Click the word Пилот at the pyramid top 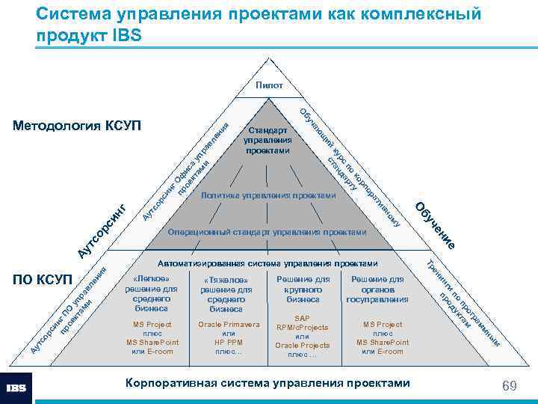269,85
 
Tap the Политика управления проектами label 269,195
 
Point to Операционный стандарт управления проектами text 268,232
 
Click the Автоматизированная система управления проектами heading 268,263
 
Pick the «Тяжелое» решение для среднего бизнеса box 226,294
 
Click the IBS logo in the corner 16,388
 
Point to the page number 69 510,385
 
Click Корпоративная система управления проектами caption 268,383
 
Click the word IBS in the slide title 123,35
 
